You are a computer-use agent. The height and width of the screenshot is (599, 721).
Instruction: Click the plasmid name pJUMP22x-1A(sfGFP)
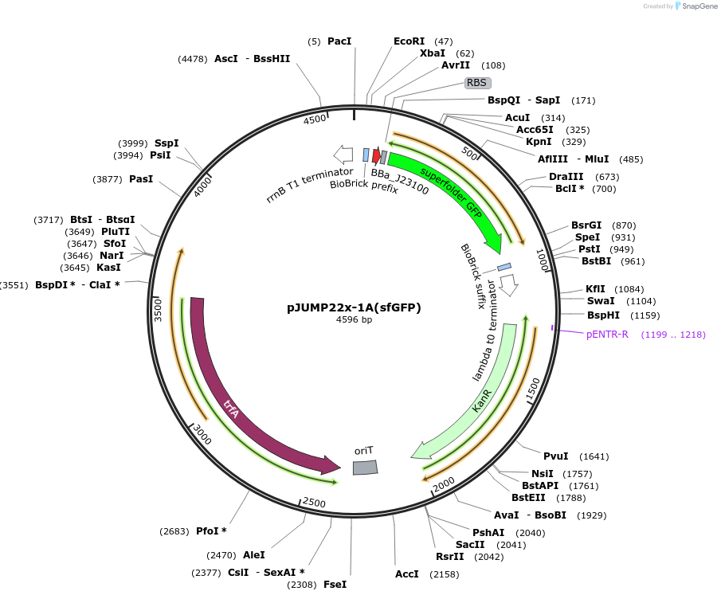(354, 307)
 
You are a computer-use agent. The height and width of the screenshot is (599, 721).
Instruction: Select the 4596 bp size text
(354, 320)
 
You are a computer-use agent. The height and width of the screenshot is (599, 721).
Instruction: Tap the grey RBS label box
(476, 82)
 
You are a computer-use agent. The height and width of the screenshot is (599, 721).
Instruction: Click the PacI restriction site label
(339, 41)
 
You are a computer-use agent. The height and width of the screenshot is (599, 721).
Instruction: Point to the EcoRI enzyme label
(409, 41)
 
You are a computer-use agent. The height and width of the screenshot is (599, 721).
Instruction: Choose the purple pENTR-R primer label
(607, 335)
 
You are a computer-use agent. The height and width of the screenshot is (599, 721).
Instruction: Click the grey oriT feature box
(365, 468)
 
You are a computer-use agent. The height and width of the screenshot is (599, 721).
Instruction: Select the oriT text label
(363, 451)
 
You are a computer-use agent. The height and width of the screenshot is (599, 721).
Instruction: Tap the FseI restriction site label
(335, 585)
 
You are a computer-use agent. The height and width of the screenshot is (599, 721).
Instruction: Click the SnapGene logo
(695, 6)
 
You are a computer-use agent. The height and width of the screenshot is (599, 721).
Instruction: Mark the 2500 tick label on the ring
(314, 503)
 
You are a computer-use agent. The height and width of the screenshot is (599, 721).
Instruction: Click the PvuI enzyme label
(555, 456)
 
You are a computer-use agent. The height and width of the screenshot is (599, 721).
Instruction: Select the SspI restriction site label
(167, 143)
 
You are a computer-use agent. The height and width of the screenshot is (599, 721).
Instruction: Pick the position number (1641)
(594, 456)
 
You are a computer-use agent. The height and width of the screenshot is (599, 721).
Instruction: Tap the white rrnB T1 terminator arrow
(343, 154)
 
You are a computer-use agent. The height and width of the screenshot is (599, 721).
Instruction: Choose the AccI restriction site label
(407, 574)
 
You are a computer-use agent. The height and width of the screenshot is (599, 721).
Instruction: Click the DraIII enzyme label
(566, 177)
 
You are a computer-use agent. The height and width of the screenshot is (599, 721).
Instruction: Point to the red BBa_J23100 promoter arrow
(376, 156)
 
